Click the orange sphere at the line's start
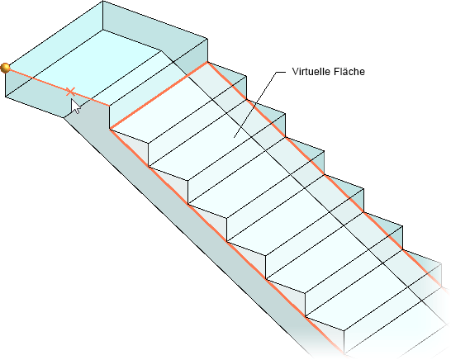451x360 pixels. [x=5, y=69]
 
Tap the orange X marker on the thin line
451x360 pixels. [x=71, y=92]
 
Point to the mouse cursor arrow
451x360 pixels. [x=76, y=107]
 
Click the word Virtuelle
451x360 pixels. [x=310, y=71]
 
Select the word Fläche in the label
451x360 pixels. [x=348, y=71]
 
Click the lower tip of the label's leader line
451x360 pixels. [x=234, y=137]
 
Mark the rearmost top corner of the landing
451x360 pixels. [x=102, y=1]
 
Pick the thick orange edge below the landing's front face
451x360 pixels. [x=159, y=96]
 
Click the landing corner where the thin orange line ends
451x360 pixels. [x=110, y=106]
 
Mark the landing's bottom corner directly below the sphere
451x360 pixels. [x=6, y=97]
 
